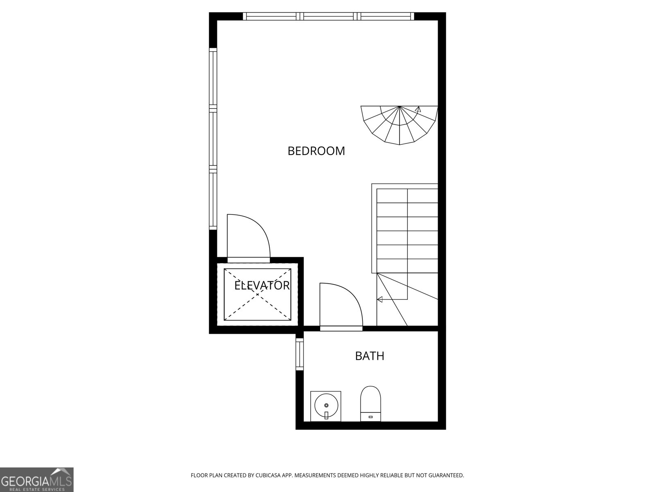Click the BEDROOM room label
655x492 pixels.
point(316,151)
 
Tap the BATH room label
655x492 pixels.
point(369,356)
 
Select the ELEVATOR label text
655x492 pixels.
point(262,285)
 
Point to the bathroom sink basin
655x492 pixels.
point(325,405)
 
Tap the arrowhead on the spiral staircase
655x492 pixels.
point(418,109)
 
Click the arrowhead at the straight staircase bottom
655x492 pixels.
point(379,299)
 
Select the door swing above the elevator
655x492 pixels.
point(248,238)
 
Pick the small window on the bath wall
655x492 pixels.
point(299,354)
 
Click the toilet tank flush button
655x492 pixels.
point(370,417)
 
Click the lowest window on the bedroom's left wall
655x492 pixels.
point(213,200)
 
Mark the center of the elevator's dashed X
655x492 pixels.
point(257,294)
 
